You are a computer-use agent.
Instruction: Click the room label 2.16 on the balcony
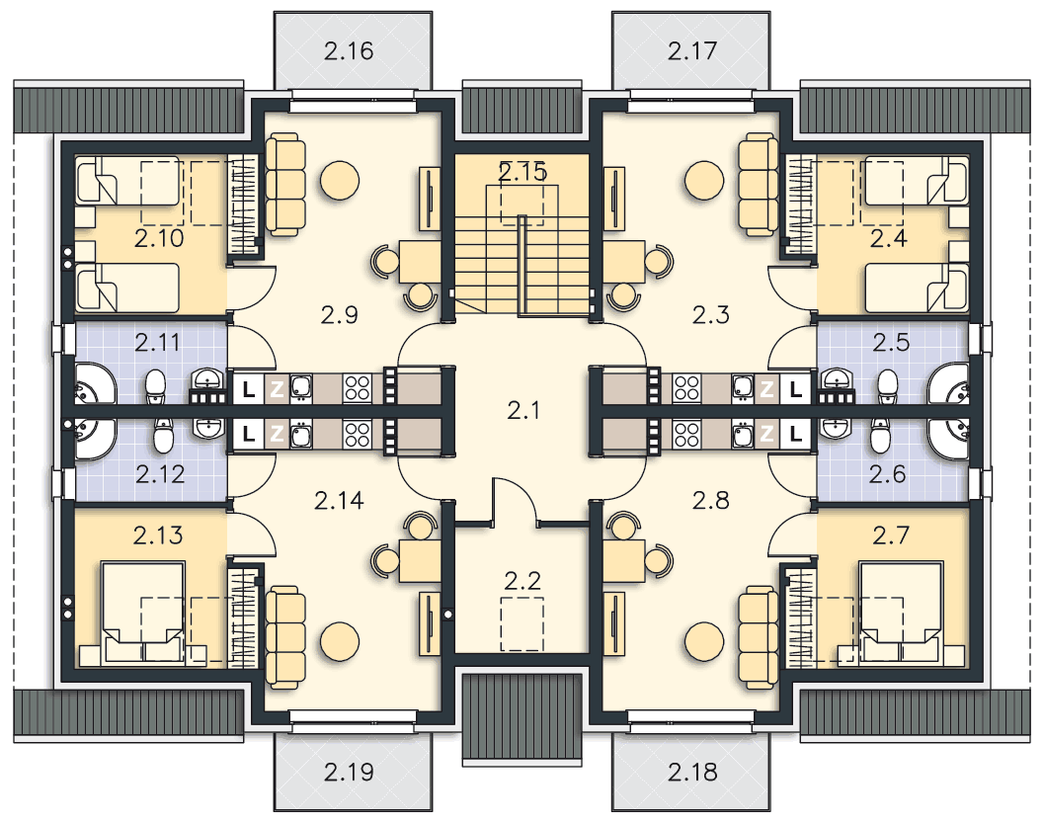pyautogui.click(x=349, y=51)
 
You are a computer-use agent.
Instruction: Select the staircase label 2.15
pyautogui.click(x=522, y=172)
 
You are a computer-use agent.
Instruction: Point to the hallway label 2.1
pyautogui.click(x=523, y=410)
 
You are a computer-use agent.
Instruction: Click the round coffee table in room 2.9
pyautogui.click(x=340, y=180)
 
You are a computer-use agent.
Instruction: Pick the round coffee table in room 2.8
pyautogui.click(x=704, y=641)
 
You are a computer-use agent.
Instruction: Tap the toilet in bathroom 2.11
pyautogui.click(x=155, y=387)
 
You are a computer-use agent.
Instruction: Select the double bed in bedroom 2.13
pyautogui.click(x=142, y=613)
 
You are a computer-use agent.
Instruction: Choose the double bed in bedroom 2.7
pyautogui.click(x=901, y=613)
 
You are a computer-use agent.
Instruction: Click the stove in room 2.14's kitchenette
pyautogui.click(x=358, y=435)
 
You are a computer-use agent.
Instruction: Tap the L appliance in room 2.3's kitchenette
pyautogui.click(x=796, y=389)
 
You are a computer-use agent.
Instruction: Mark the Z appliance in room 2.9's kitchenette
pyautogui.click(x=277, y=389)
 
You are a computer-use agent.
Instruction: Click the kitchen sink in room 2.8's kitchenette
pyautogui.click(x=743, y=435)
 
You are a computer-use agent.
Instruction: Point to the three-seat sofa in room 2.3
pyautogui.click(x=758, y=184)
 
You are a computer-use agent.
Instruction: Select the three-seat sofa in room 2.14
pyautogui.click(x=285, y=637)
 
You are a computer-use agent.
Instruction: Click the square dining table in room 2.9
pyautogui.click(x=420, y=261)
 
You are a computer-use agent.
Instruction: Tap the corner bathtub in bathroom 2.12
pyautogui.click(x=92, y=439)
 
